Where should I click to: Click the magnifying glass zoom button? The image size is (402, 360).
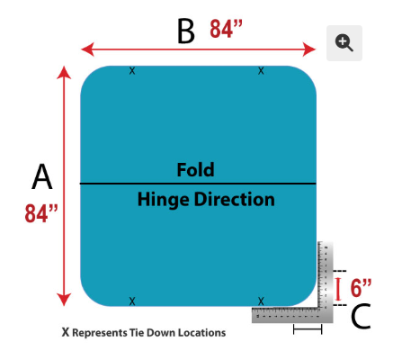tap(344, 43)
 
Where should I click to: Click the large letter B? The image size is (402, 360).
tap(186, 31)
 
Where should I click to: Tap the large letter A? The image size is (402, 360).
tap(42, 176)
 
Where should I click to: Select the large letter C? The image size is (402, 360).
tap(361, 316)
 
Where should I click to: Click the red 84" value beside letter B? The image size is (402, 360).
tap(226, 29)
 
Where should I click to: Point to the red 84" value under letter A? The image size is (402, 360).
tap(41, 213)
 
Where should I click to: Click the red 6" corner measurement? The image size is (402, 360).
tap(361, 288)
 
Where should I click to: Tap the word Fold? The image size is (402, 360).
tap(195, 170)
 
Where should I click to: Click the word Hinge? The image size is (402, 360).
tap(164, 200)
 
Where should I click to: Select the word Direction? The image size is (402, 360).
tap(235, 199)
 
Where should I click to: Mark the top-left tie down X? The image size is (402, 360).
tap(132, 71)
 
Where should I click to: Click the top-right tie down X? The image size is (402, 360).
tap(261, 71)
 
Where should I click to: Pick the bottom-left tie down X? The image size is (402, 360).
tap(132, 301)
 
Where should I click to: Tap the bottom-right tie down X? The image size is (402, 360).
tap(261, 301)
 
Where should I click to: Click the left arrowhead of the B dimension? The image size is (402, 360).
tap(87, 49)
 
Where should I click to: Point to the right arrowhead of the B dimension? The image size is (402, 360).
tap(309, 49)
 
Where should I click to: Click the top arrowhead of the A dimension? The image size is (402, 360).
tap(64, 72)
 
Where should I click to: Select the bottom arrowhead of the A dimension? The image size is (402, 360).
tap(64, 300)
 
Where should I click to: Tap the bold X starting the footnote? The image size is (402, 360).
tap(66, 332)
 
